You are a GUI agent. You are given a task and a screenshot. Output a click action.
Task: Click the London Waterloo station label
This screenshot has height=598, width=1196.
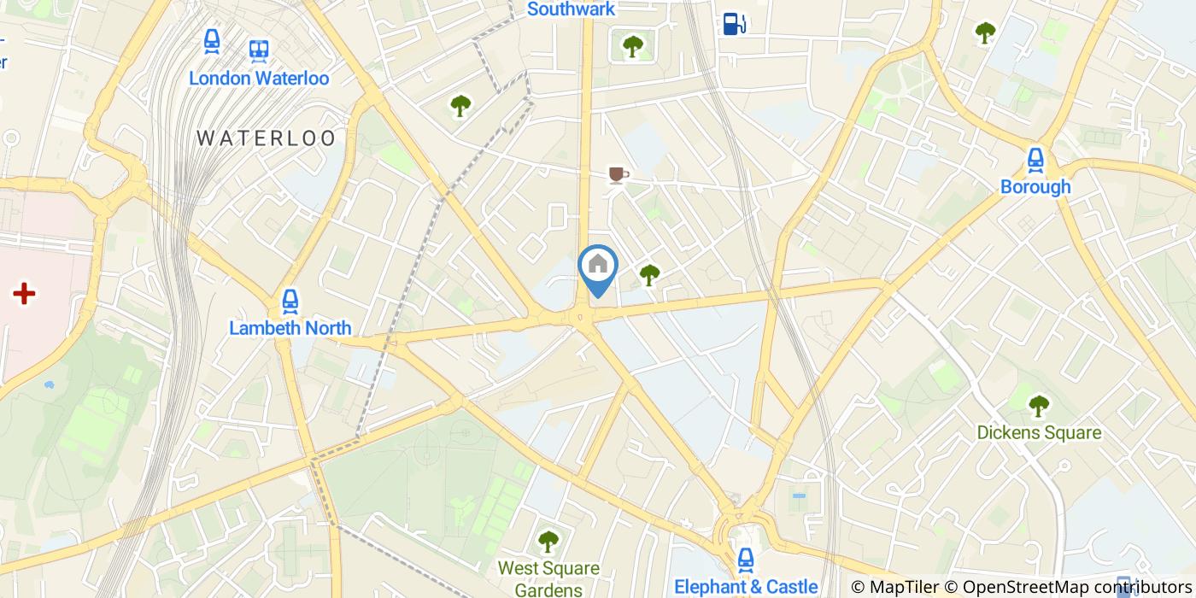click(x=258, y=79)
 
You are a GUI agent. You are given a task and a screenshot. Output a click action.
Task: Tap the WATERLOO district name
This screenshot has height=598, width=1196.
click(x=267, y=138)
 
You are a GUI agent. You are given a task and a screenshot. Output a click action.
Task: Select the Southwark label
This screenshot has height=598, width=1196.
click(x=571, y=9)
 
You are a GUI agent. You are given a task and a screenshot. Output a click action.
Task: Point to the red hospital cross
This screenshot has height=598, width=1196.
click(x=24, y=295)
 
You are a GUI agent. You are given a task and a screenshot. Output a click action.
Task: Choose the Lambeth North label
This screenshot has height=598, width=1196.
click(x=290, y=328)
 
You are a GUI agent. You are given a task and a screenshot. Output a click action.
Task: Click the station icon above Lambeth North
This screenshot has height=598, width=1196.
click(x=290, y=301)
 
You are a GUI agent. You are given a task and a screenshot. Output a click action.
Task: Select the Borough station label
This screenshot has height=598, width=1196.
click(x=1035, y=187)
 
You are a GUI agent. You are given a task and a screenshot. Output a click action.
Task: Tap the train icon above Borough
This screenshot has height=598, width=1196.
click(x=1035, y=160)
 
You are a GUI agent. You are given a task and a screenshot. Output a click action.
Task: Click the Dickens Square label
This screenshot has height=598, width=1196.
click(x=1039, y=433)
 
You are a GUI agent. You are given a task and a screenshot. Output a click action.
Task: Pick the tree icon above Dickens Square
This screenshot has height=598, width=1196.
click(x=1039, y=405)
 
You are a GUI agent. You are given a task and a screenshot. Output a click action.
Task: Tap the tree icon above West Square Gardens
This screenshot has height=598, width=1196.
click(x=548, y=542)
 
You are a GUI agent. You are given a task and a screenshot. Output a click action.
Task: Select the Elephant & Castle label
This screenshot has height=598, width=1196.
click(x=746, y=587)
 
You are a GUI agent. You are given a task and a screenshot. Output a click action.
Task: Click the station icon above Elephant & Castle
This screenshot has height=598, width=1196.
click(x=746, y=560)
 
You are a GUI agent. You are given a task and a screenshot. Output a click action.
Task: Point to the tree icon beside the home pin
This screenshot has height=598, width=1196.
click(x=649, y=275)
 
